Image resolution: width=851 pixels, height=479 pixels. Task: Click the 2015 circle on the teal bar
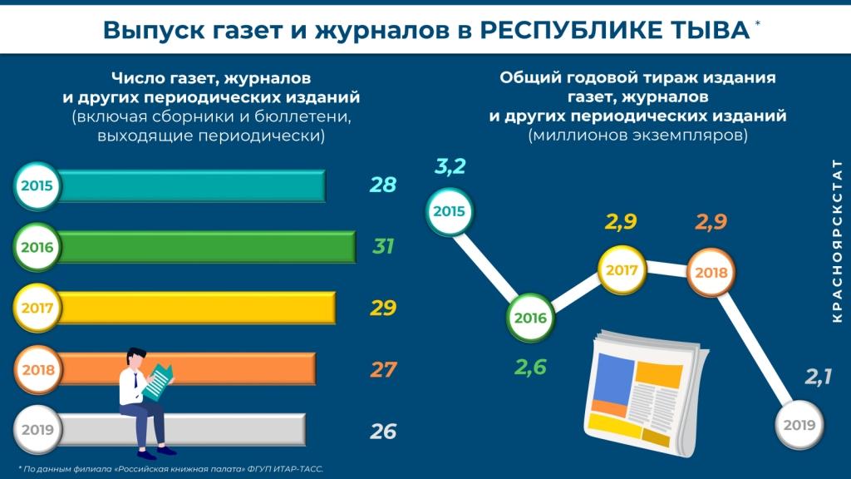[36, 185]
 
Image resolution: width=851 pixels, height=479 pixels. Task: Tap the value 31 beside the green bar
[382, 247]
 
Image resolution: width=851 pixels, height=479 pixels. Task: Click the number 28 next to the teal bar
[382, 185]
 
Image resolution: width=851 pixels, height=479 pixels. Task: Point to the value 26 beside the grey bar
[382, 432]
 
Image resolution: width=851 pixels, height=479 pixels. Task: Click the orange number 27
[382, 369]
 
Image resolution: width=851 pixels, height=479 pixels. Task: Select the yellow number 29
[382, 309]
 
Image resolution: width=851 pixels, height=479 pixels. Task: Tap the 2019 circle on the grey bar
[36, 431]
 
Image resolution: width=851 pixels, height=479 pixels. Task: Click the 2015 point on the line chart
[449, 211]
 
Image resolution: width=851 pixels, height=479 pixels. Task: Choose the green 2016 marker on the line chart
[529, 318]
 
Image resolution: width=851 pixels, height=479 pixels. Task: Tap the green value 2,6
[530, 366]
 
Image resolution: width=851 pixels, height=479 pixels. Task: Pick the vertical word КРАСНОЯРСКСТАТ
[836, 241]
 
